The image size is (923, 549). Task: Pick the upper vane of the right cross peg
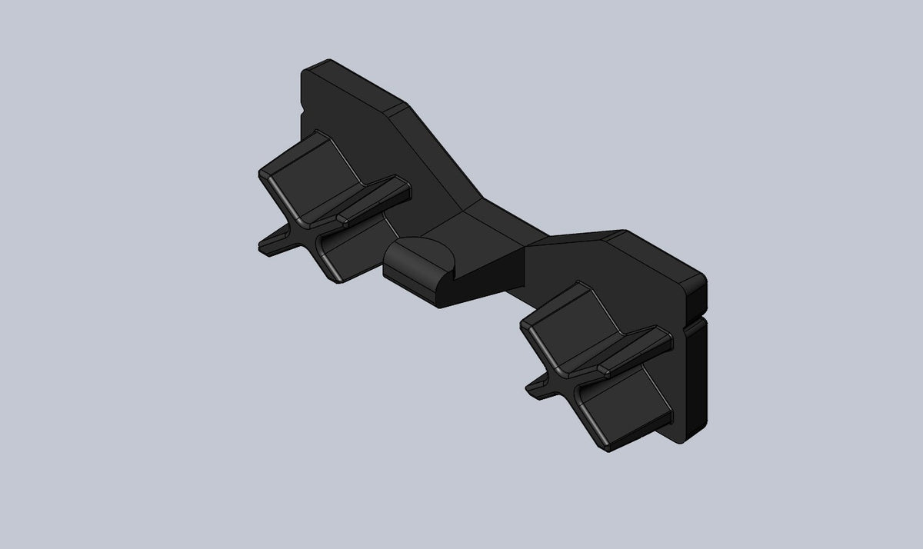tap(561, 323)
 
